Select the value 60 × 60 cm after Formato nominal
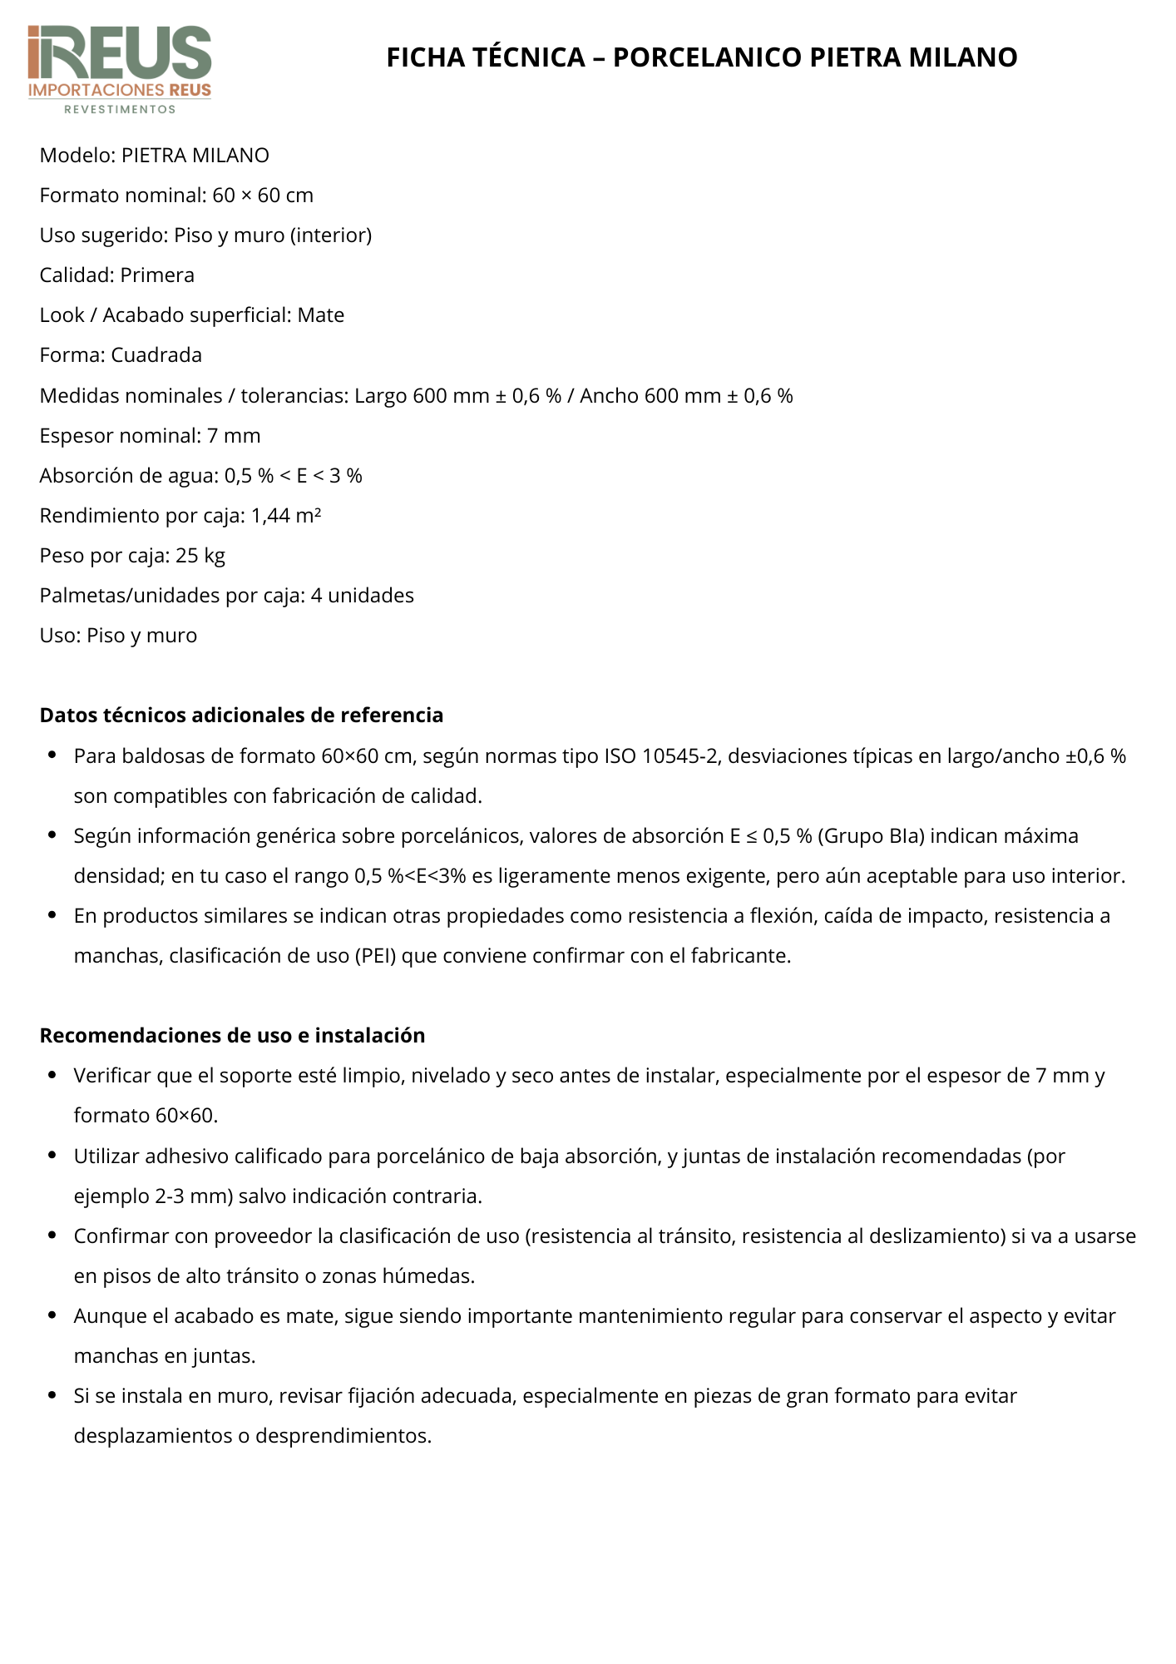coord(263,196)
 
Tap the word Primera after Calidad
coord(157,275)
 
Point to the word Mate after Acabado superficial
coord(321,315)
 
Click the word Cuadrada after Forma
coord(156,355)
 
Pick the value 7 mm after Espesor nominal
coord(235,436)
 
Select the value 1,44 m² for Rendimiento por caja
coord(286,516)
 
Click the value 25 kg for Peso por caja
coord(200,556)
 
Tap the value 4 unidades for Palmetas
coord(363,596)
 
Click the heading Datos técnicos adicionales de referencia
coord(241,716)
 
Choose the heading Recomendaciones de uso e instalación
coord(232,1036)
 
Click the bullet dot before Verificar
coord(52,1076)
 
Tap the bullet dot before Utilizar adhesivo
coord(52,1156)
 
